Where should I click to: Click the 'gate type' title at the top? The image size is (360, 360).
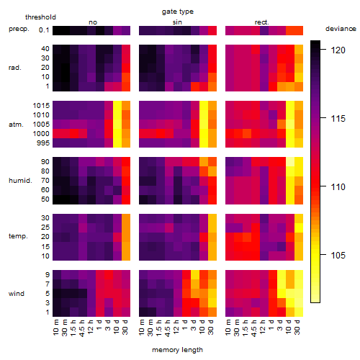178,12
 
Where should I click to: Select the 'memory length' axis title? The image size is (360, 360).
177,350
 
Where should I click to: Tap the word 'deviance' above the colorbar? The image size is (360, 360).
341,29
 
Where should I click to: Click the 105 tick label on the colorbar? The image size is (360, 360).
338,255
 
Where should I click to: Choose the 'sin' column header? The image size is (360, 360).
177,22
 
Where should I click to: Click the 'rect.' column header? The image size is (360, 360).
261,22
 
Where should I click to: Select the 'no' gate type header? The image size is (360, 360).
93,22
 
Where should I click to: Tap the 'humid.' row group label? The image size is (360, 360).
20,181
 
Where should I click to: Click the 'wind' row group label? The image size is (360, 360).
17,294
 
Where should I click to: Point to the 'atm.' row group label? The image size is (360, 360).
16,125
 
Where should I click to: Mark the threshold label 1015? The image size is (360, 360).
41,106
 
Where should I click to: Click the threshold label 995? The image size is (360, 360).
43,143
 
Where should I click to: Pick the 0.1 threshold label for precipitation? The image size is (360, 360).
44,30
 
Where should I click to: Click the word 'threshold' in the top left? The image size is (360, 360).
40,17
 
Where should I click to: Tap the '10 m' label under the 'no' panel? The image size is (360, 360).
56,327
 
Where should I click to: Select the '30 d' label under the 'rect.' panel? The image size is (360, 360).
297,327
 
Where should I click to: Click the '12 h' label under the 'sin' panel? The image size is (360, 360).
176,327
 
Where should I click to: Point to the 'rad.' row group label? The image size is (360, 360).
15,68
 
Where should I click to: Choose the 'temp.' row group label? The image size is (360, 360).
18,236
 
